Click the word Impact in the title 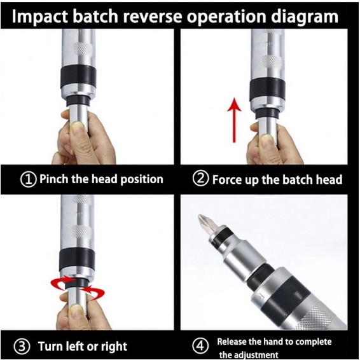point(40,17)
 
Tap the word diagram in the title point(305,17)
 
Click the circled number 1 point(29,179)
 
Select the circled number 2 point(200,178)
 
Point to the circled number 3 point(22,346)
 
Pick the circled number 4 point(200,345)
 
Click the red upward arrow point(234,120)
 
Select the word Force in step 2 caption point(227,179)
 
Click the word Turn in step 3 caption point(50,346)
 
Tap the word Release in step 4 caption point(231,342)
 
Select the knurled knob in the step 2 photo point(272,61)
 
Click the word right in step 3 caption point(114,347)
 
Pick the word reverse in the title point(152,17)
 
